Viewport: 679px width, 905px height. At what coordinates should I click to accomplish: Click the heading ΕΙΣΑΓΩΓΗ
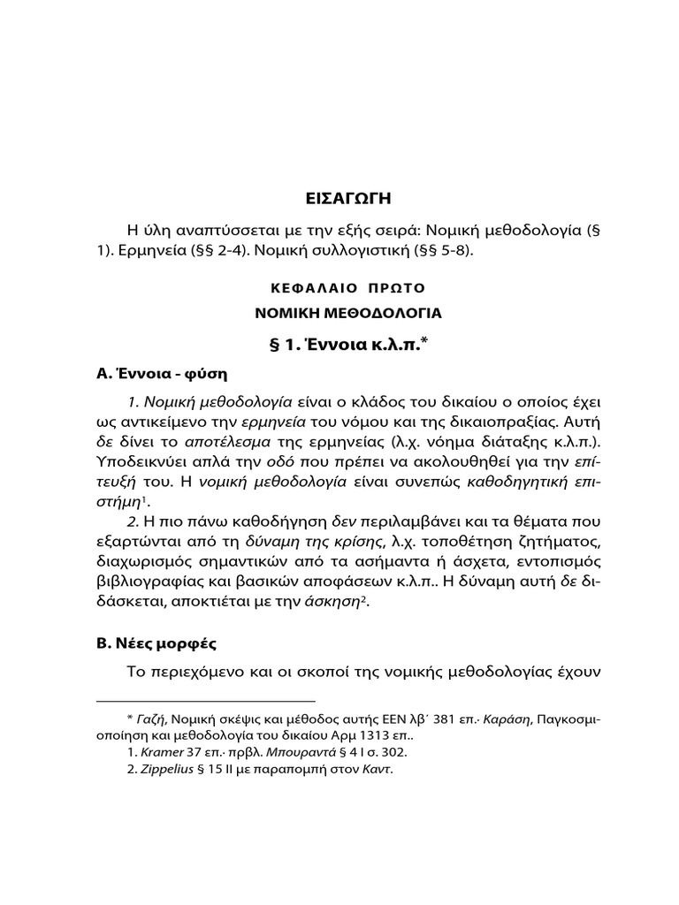click(x=339, y=197)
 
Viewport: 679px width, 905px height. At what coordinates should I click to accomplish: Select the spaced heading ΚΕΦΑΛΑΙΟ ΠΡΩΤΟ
click(x=339, y=288)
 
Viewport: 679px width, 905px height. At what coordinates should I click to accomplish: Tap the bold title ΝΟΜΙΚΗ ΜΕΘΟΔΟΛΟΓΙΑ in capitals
click(x=339, y=313)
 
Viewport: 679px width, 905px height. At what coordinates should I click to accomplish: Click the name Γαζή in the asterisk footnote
click(x=152, y=719)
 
